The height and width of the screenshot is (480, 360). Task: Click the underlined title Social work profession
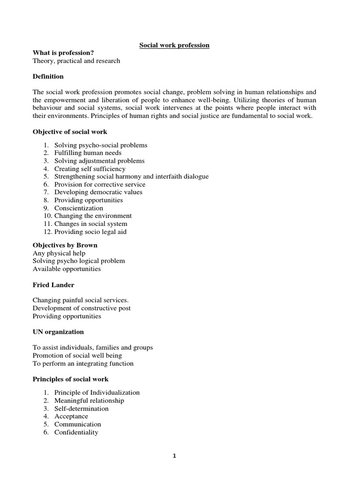[174, 45]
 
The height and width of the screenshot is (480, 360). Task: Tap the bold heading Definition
[48, 76]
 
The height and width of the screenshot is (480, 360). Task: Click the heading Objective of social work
[70, 132]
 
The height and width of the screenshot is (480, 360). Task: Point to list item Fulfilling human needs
[88, 153]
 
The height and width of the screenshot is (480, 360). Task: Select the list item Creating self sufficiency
[90, 169]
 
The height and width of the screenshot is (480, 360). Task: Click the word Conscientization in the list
[79, 208]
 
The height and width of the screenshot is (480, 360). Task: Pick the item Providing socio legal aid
[90, 232]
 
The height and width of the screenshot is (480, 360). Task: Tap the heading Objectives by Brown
[65, 245]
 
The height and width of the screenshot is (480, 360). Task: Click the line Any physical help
[59, 253]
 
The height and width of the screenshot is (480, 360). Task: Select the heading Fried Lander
[53, 285]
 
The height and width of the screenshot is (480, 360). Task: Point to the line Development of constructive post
[82, 308]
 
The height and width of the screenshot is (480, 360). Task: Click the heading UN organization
[58, 332]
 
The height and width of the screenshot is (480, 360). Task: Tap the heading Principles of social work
[70, 379]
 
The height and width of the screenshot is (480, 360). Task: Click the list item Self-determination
[81, 408]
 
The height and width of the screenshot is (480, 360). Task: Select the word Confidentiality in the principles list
[76, 432]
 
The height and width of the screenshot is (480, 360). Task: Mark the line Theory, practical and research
[76, 61]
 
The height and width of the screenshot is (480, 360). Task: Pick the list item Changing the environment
[93, 216]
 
